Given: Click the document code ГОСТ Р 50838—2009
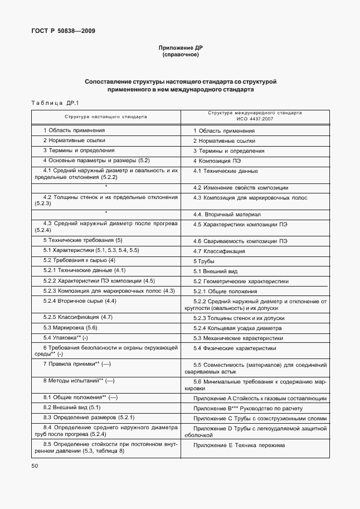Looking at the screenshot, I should tap(62, 31).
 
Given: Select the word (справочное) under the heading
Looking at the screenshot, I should tap(180, 55).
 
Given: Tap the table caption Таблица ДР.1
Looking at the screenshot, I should tap(55, 103).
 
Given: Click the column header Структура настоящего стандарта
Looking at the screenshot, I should tap(105, 117).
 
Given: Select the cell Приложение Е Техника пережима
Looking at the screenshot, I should tap(239, 445).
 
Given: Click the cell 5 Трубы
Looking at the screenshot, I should tap(204, 261).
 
